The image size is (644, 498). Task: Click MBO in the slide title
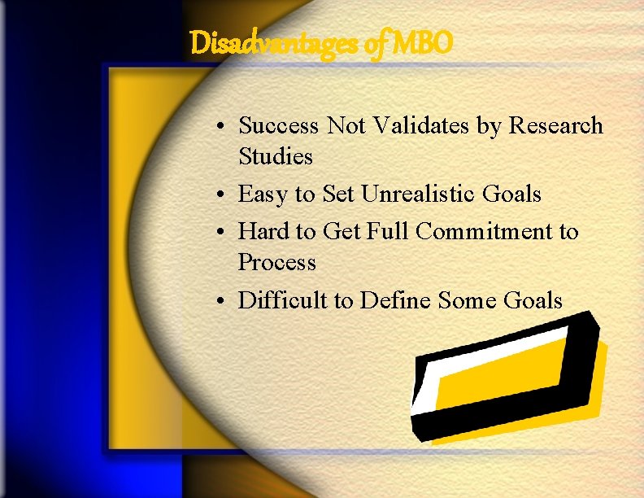(x=420, y=43)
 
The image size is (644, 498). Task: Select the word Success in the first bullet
(x=279, y=126)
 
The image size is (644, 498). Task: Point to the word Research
(x=555, y=126)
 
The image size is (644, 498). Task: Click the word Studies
(x=276, y=155)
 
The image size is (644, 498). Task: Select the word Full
(x=388, y=232)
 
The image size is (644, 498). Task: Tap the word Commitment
(x=484, y=232)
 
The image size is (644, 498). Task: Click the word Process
(x=276, y=263)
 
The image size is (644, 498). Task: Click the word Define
(x=396, y=301)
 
